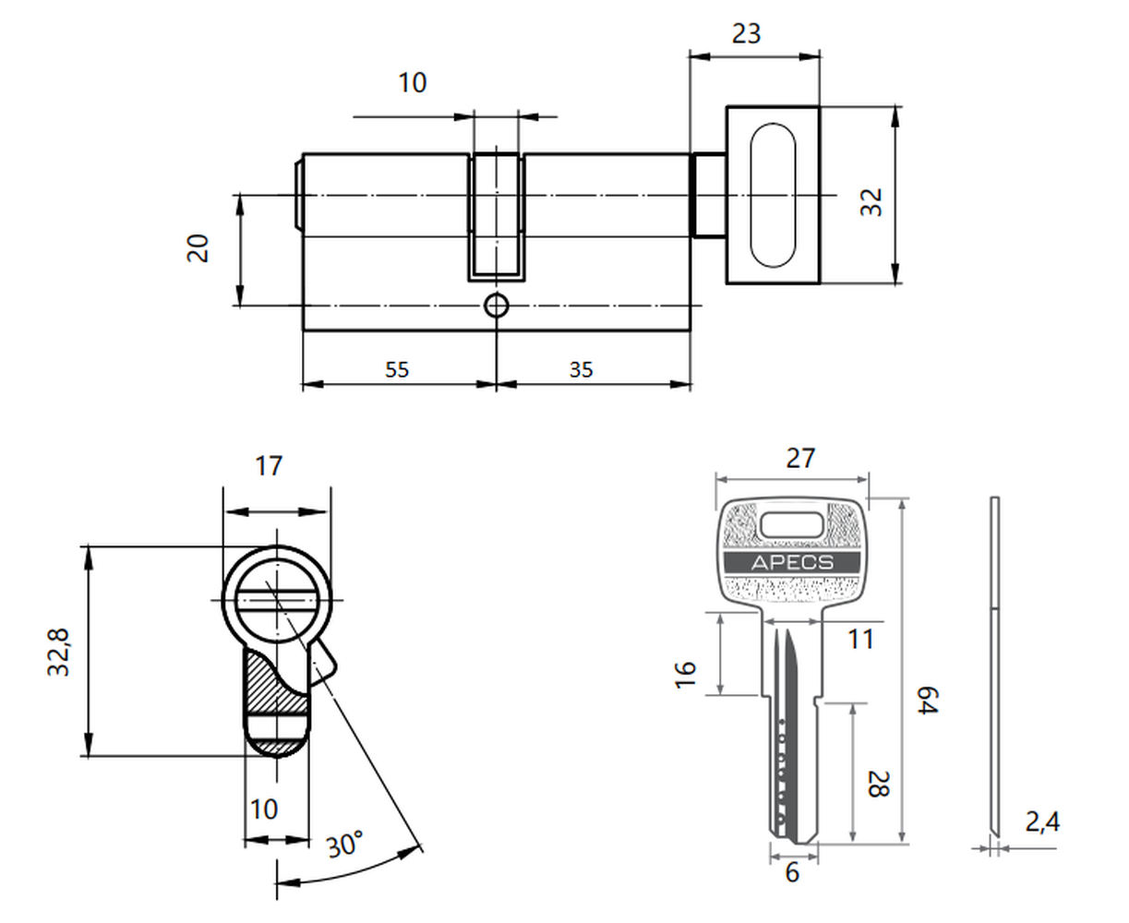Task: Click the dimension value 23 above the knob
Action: point(746,34)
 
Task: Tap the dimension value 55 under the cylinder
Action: point(397,369)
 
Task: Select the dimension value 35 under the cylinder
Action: point(582,369)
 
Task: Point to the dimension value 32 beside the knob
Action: point(871,202)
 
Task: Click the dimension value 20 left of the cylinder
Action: point(198,248)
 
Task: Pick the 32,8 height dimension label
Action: point(58,652)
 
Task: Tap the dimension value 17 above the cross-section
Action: point(269,466)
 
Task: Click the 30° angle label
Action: point(344,845)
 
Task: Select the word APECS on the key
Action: point(792,563)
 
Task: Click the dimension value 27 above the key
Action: point(801,459)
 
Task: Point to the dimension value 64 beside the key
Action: point(928,700)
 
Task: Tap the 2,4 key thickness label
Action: point(1042,821)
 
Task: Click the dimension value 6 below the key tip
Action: point(792,872)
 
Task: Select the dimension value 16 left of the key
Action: point(685,675)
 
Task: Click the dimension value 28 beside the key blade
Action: point(879,785)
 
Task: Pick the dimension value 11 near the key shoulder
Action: point(860,640)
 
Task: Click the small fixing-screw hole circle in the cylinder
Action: point(497,306)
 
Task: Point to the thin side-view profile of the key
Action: point(994,666)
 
